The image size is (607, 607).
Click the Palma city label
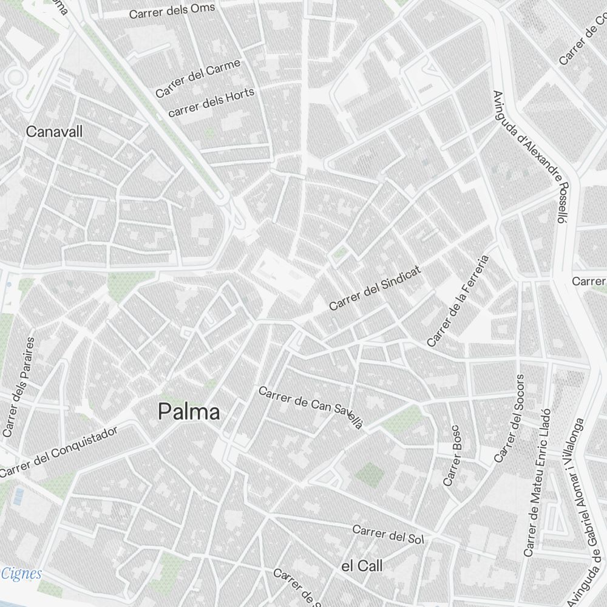[189, 413]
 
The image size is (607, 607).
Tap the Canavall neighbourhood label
[54, 132]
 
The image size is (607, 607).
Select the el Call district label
[362, 566]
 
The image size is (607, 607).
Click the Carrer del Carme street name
[198, 78]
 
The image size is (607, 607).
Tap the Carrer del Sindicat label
[375, 287]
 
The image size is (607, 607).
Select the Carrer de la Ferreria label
[458, 301]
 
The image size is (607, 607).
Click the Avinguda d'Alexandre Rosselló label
[531, 157]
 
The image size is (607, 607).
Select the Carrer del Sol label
[388, 534]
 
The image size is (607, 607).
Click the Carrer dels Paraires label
[18, 387]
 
